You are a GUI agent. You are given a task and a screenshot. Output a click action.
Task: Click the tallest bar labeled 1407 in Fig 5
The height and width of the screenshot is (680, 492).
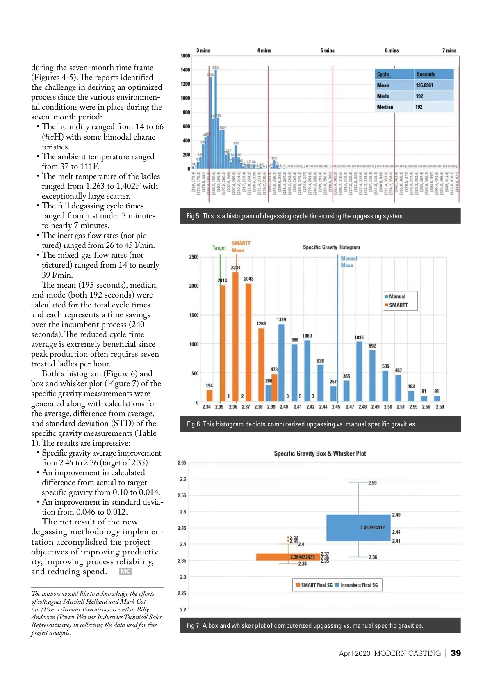click(x=216, y=119)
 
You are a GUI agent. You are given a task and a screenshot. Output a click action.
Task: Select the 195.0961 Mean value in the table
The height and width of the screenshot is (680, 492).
click(x=424, y=85)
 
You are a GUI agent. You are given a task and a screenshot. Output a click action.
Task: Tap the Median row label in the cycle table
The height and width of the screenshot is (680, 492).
click(x=385, y=107)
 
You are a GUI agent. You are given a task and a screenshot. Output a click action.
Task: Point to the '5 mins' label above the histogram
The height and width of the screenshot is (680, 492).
click(x=327, y=50)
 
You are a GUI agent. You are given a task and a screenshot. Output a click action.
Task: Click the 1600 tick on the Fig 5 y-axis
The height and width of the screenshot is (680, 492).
click(x=185, y=56)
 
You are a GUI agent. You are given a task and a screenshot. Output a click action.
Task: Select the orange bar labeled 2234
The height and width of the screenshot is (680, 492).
click(x=235, y=337)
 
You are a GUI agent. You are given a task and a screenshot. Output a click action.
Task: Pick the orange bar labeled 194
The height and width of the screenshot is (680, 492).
click(x=209, y=395)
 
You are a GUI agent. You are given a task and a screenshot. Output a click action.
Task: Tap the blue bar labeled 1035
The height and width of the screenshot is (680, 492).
click(x=359, y=371)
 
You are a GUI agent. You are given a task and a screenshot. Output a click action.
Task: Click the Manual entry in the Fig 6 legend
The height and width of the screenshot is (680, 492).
click(x=397, y=296)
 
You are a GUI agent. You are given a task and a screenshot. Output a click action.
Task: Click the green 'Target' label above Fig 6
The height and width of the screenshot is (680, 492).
click(x=219, y=248)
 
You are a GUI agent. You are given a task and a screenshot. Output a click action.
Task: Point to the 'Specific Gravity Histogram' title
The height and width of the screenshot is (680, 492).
click(x=331, y=247)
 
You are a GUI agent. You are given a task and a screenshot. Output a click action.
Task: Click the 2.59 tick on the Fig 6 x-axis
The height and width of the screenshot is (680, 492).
click(x=440, y=407)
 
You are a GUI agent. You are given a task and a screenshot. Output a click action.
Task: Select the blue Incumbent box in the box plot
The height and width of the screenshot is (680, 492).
click(x=358, y=528)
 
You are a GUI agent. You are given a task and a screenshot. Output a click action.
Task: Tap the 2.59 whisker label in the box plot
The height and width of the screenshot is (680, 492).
click(x=372, y=483)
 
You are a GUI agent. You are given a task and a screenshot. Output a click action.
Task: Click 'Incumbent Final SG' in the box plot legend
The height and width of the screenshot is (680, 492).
click(x=359, y=585)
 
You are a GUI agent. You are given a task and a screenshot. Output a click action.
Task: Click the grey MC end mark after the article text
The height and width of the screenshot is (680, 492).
click(x=125, y=571)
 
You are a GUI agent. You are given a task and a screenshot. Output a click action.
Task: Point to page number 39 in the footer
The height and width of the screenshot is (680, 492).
click(x=456, y=653)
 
